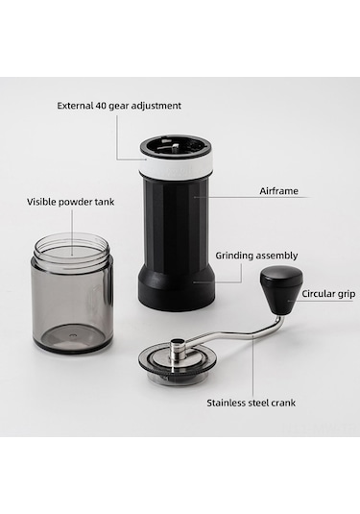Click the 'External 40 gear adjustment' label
(x=119, y=106)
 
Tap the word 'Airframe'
(x=278, y=191)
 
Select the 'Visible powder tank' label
(x=71, y=202)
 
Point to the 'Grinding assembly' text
(x=256, y=256)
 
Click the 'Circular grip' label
(x=328, y=294)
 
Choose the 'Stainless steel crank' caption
(x=251, y=403)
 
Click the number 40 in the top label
(x=100, y=106)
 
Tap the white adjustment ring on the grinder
(x=178, y=166)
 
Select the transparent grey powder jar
(x=73, y=292)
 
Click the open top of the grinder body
(x=176, y=148)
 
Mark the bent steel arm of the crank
(x=236, y=334)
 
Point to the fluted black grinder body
(x=176, y=223)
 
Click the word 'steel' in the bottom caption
(x=258, y=403)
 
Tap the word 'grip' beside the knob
(x=347, y=294)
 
